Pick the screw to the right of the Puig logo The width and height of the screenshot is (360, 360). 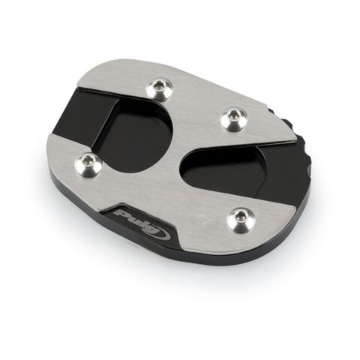click(241, 218)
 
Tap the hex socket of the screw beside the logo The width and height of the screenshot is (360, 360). click(241, 218)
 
